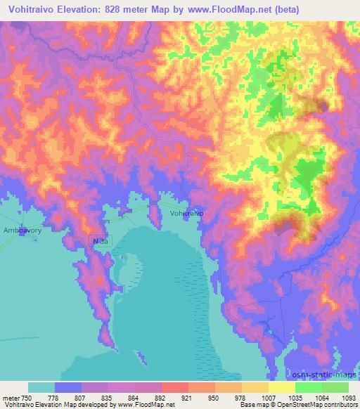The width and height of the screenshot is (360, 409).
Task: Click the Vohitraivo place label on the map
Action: click(187, 212)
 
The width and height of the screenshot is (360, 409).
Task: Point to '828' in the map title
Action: click(117, 10)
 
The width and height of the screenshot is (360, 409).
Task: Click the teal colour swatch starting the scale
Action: click(41, 387)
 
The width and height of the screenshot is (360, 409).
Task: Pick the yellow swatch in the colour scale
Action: click(281, 387)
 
